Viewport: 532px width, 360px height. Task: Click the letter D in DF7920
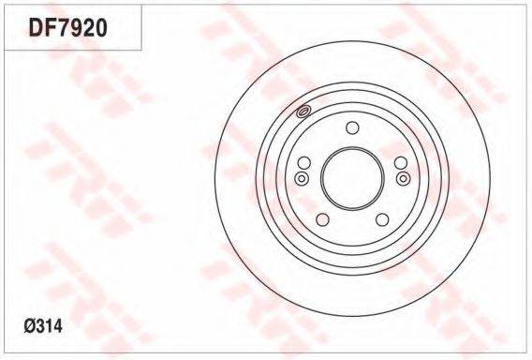[36, 27]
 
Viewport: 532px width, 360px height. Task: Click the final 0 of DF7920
[101, 27]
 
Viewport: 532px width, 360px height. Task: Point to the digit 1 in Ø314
[50, 326]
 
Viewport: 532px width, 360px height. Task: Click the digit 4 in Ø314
[58, 326]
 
